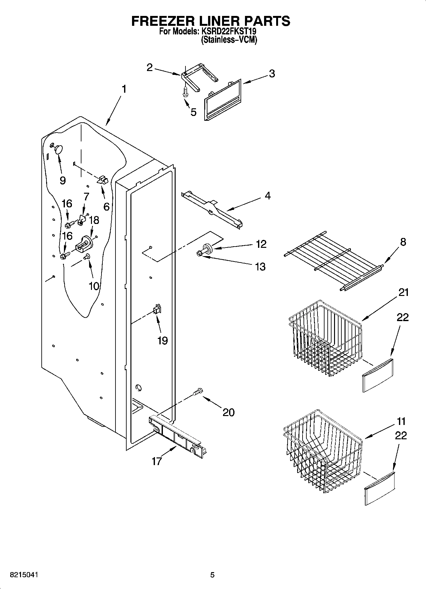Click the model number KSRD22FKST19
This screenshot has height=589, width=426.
[x=228, y=32]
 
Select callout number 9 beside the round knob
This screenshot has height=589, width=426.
[x=63, y=180]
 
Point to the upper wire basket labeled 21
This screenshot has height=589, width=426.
[x=325, y=338]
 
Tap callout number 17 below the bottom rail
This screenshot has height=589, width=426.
[x=157, y=461]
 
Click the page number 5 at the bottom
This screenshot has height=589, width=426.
[x=213, y=575]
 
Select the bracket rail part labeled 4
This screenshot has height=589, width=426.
[x=212, y=208]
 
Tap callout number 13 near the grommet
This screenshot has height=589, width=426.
[x=260, y=267]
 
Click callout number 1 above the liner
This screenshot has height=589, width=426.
[x=124, y=89]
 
